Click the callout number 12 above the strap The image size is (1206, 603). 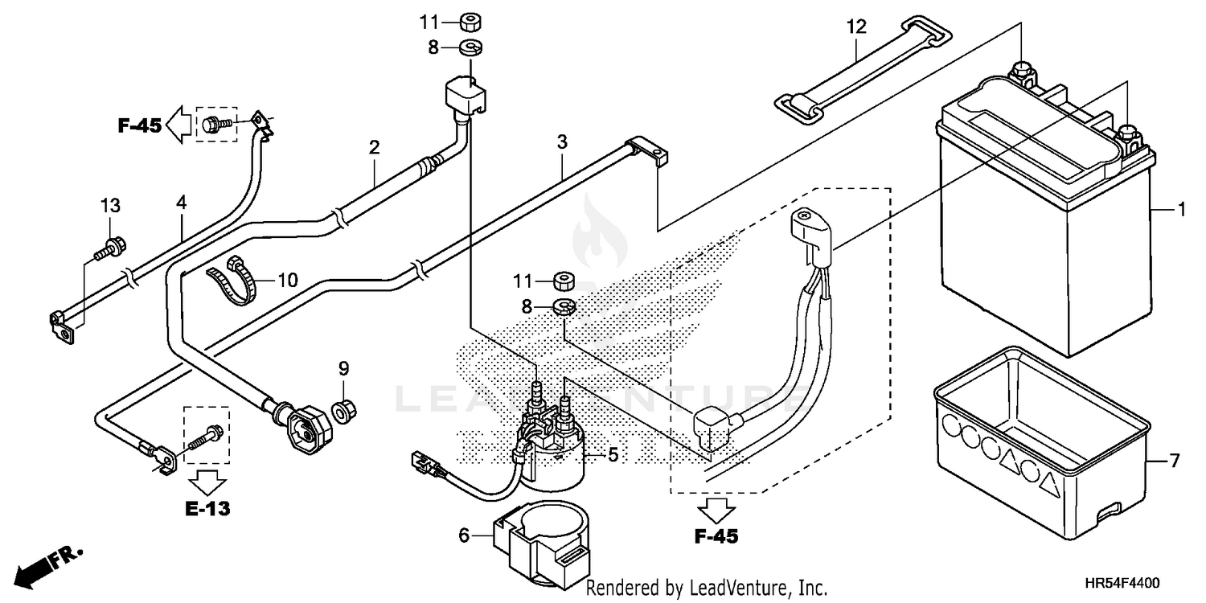(856, 27)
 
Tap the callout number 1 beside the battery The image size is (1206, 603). (1181, 211)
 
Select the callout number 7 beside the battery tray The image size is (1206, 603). (1174, 461)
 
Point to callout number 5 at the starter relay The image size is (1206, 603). (613, 456)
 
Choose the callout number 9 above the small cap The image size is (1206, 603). (343, 369)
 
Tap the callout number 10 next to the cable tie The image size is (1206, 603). (287, 281)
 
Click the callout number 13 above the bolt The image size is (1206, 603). (110, 206)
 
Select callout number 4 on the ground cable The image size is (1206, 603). (182, 203)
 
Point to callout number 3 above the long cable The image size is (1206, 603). (562, 142)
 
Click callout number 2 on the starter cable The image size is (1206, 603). (374, 148)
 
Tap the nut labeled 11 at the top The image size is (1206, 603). (470, 21)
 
